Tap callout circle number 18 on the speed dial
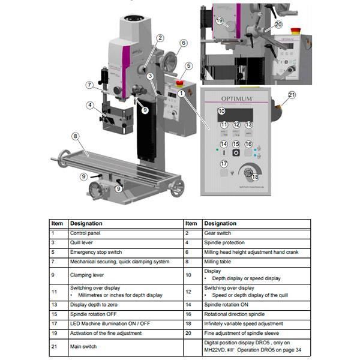(x=255, y=176)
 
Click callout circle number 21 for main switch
(x=292, y=95)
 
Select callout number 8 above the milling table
(x=75, y=136)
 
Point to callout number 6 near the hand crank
(x=183, y=43)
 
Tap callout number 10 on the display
(x=221, y=111)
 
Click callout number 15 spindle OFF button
(x=236, y=144)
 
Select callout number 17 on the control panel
(x=224, y=164)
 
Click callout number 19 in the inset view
(x=219, y=21)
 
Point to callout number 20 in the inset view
(x=278, y=25)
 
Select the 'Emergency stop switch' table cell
(x=96, y=252)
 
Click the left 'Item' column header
(x=57, y=223)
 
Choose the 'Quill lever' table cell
(x=84, y=242)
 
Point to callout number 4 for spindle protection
(x=89, y=105)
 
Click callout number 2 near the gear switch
(x=160, y=38)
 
